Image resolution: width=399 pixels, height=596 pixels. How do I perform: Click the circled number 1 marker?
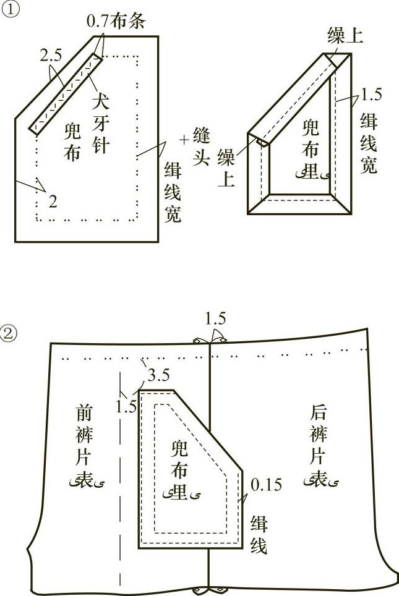coord(11,11)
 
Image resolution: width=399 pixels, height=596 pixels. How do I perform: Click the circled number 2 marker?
coord(11,334)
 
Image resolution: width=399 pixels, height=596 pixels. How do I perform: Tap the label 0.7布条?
coord(115,20)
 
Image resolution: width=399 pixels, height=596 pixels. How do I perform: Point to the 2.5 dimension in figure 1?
coord(51,56)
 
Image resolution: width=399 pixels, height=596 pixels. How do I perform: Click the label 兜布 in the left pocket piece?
coord(72,141)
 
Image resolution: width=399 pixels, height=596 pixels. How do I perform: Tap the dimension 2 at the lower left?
coord(53,200)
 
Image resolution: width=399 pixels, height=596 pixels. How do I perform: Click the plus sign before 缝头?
coord(183,140)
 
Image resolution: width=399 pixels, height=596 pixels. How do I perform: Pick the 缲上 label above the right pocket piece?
coord(345,36)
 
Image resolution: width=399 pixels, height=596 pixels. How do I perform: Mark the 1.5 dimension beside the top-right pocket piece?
coord(371,94)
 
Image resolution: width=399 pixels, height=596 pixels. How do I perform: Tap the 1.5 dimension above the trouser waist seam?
coord(215,319)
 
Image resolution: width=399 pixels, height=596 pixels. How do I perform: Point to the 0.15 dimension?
coord(265,485)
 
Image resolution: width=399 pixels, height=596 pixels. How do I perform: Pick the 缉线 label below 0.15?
coord(259,535)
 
